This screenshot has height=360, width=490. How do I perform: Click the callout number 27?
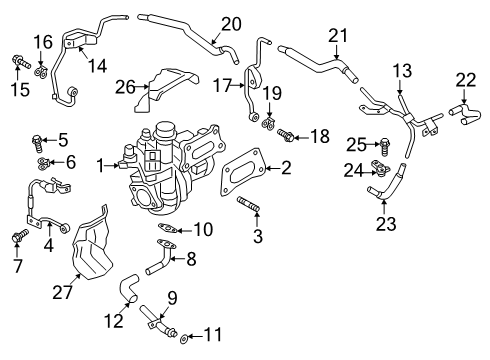[62, 293]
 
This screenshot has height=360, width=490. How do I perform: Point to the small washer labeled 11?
[183, 339]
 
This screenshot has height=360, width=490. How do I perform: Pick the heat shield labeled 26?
[167, 89]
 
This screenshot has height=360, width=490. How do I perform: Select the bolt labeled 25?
[384, 147]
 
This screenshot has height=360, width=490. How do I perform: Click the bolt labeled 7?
[20, 235]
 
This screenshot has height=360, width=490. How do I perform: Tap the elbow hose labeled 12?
[129, 288]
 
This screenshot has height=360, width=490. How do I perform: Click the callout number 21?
[338, 36]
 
